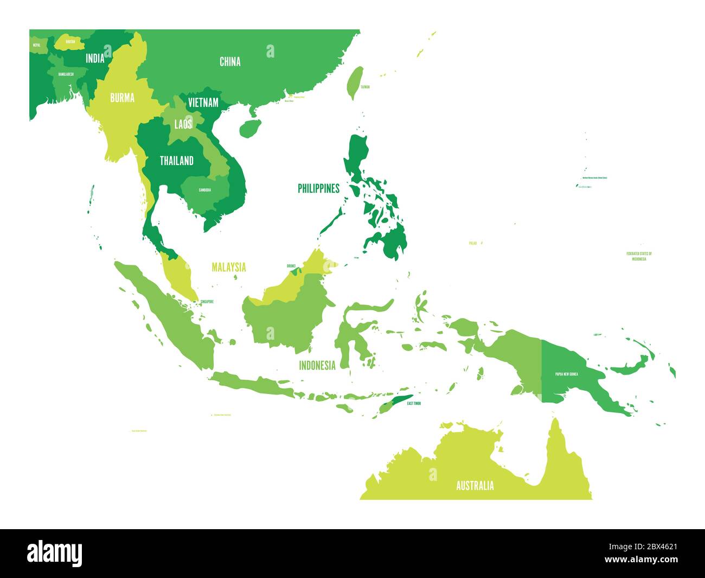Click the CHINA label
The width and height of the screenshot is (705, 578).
tap(230, 62)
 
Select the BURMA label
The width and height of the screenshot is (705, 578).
tap(122, 98)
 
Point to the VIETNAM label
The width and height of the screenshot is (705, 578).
tap(203, 103)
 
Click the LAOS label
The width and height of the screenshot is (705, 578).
tap(183, 124)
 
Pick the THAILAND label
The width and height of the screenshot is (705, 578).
tap(176, 161)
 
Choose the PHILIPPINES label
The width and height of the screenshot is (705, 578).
tap(318, 189)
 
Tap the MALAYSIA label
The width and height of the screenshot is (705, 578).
tap(228, 267)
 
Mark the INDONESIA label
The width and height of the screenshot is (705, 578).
tap(317, 365)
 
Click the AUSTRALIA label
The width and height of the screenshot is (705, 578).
tap(475, 486)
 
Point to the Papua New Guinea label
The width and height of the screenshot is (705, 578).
tap(566, 374)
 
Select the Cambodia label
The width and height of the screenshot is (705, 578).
tap(205, 190)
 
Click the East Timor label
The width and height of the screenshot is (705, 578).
tap(414, 403)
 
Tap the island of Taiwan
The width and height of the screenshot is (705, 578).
tap(354, 82)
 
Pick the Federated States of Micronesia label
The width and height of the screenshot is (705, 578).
tap(639, 256)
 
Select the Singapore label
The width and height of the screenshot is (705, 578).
tap(207, 302)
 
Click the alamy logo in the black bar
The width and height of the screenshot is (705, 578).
tap(55, 553)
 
